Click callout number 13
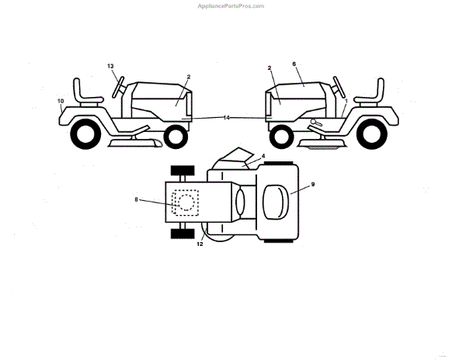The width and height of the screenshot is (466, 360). click(x=110, y=66)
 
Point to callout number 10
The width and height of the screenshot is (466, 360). click(x=61, y=101)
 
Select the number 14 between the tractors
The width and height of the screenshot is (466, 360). click(x=226, y=117)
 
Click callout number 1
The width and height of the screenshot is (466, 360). click(x=346, y=102)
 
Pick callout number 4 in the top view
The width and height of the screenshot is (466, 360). click(x=263, y=156)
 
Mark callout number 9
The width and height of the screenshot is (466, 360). click(x=312, y=184)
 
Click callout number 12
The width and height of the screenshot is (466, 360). click(x=200, y=244)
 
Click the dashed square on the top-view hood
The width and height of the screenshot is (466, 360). click(x=185, y=203)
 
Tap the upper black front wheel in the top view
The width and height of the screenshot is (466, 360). click(x=182, y=171)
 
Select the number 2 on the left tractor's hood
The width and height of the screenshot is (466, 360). click(x=188, y=77)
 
